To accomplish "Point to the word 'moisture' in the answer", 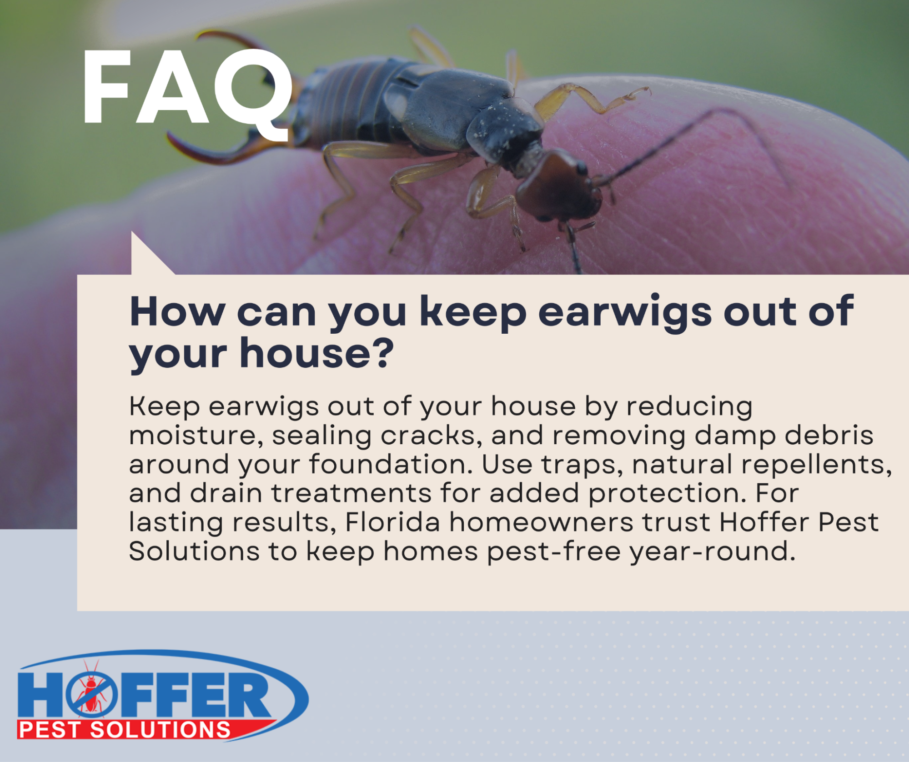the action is coord(196,436).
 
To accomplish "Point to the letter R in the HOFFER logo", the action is coord(249,695).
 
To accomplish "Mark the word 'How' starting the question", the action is coord(177,312).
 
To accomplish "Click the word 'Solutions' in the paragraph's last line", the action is coord(194,551).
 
